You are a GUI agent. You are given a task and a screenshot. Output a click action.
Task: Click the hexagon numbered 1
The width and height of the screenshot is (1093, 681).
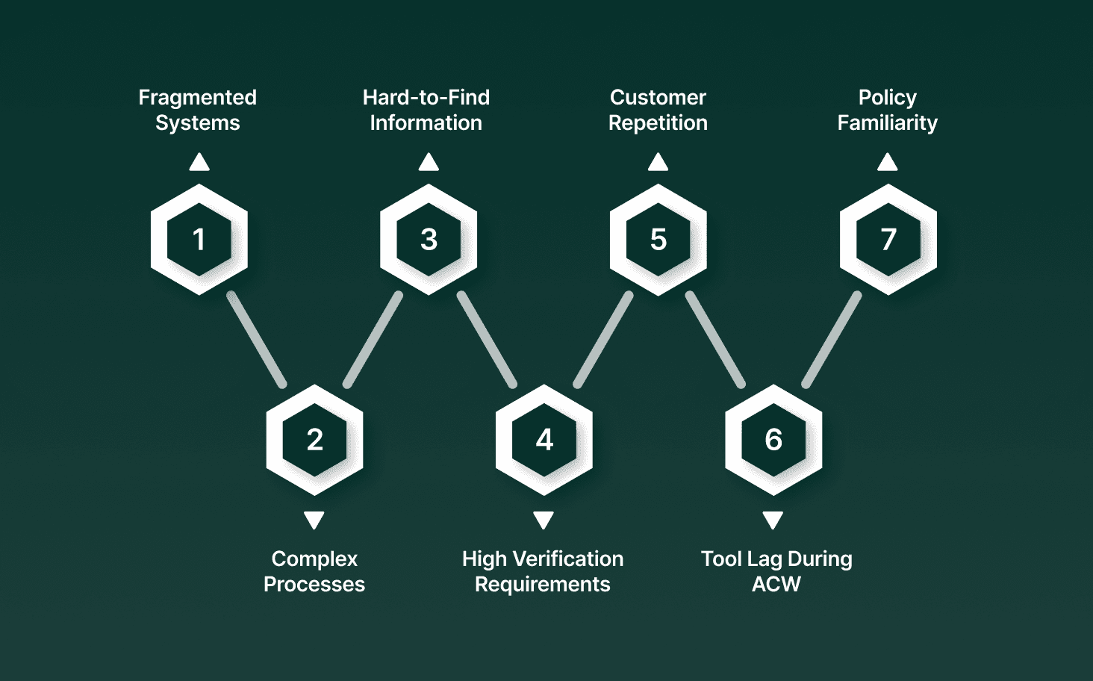pos(199,240)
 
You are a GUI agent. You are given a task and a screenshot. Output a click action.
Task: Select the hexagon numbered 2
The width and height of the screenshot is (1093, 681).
pos(314,440)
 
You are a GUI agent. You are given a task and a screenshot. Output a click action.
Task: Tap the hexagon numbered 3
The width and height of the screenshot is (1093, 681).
pos(429,240)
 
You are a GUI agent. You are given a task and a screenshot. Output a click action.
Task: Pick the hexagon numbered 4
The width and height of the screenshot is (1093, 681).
pos(544,440)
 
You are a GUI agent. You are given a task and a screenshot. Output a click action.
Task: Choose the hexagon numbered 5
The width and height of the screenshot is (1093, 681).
pos(658,240)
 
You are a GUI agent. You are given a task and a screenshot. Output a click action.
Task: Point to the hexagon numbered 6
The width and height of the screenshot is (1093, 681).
pos(773,440)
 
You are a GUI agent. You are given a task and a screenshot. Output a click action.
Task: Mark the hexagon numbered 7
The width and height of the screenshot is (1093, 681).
pos(888,240)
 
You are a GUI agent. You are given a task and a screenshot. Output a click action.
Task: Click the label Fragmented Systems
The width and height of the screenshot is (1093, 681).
pos(198,110)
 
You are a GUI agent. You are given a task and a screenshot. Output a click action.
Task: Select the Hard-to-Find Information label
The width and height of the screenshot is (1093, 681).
pos(426,110)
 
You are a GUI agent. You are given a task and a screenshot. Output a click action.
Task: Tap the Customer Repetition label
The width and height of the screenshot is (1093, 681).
pos(658,110)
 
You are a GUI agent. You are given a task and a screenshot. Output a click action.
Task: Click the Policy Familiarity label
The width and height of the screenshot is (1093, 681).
pos(887,110)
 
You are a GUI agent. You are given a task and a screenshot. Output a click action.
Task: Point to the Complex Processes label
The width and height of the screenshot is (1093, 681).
pos(314,571)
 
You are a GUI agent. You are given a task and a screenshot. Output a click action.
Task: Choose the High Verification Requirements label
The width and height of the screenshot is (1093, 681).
pos(543,571)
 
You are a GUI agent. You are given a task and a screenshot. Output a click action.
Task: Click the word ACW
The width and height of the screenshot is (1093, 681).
pos(776,585)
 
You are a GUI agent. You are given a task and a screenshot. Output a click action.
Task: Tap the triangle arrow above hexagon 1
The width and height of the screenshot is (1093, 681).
pos(199,162)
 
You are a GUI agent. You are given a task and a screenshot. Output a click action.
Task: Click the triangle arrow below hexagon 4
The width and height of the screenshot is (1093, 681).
pos(544,520)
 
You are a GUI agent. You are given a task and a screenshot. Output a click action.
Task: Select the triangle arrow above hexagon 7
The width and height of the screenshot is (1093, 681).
pos(887,162)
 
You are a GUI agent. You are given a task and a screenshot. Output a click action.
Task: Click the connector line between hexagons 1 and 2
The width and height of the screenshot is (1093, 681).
pos(257,340)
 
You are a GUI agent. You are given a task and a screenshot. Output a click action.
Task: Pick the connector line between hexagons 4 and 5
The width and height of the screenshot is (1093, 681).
pos(603,340)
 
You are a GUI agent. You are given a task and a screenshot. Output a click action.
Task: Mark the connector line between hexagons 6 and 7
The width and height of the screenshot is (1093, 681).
pos(832,340)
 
